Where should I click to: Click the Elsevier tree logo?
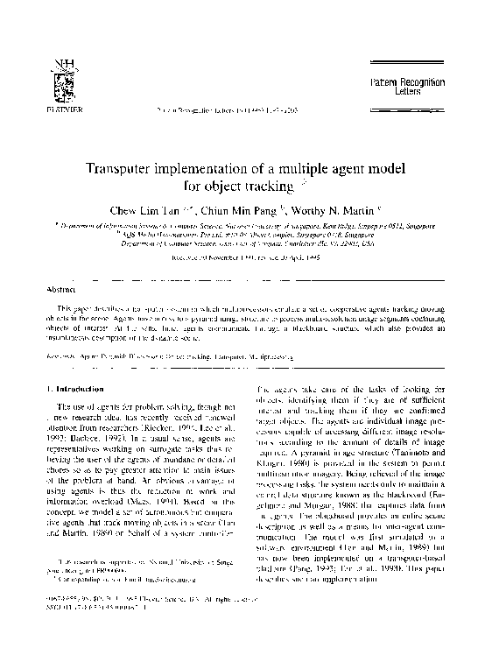point(60,82)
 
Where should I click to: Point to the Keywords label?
point(60,358)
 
